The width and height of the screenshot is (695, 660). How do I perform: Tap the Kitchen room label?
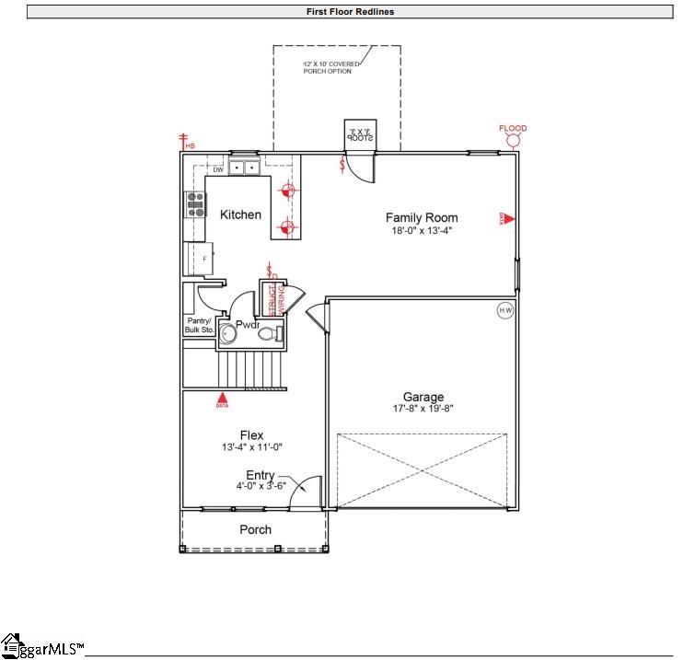tap(240, 214)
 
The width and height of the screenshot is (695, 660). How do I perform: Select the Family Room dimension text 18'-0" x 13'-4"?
tap(420, 231)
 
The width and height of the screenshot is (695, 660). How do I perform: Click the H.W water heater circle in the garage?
tap(505, 310)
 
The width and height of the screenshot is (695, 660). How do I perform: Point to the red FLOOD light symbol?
tap(513, 140)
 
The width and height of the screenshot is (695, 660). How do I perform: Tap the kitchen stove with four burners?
tap(195, 203)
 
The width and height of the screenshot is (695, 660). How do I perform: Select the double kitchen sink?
tap(243, 168)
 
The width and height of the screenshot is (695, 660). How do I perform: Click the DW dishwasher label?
tap(218, 169)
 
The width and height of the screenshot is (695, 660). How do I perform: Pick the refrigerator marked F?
tap(199, 259)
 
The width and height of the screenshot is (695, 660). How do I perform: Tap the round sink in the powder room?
tap(226, 333)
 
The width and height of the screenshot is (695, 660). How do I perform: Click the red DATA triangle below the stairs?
tap(222, 397)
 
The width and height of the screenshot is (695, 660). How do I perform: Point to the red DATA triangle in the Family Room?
tap(507, 218)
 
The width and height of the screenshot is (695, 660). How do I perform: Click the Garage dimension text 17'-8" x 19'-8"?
tap(423, 408)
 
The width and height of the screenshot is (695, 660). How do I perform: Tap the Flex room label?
tap(252, 435)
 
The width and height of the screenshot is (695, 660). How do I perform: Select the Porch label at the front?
tap(255, 529)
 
